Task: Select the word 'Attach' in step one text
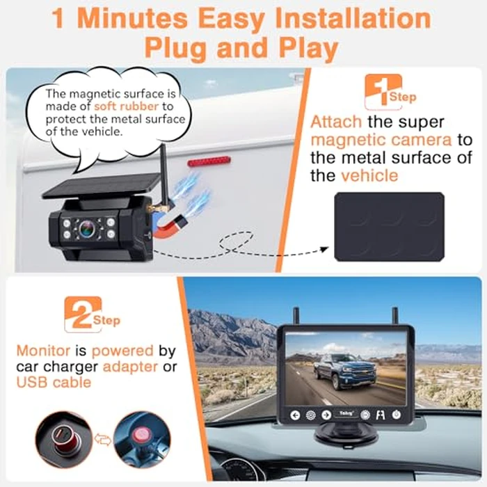[335, 122]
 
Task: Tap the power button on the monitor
[395, 415]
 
